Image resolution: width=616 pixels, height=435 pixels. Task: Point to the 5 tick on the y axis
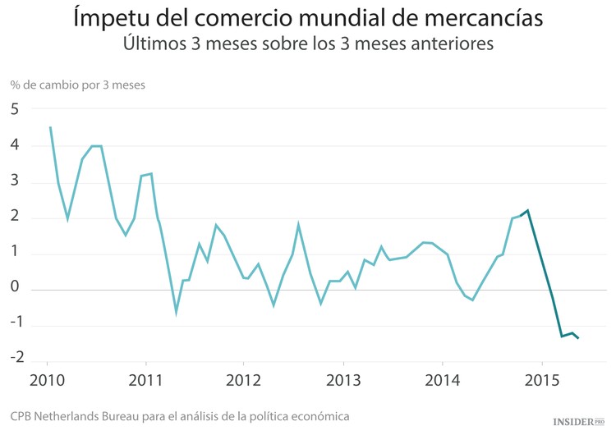15,109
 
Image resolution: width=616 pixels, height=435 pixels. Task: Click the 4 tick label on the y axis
15,145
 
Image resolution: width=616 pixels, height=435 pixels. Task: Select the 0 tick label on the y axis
15,290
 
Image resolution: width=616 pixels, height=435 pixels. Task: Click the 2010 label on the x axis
47,382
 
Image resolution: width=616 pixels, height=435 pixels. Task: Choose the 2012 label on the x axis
244,382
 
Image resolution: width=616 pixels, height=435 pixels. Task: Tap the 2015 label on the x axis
541,382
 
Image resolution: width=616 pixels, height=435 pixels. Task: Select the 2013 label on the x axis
342,382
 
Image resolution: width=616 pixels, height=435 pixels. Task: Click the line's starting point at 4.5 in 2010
50,127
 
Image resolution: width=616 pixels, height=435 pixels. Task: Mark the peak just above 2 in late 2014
527,210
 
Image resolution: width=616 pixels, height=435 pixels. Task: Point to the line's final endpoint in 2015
578,338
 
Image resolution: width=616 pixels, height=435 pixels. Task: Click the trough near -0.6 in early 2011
176,312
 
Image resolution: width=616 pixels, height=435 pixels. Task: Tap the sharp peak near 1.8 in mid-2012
298,224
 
